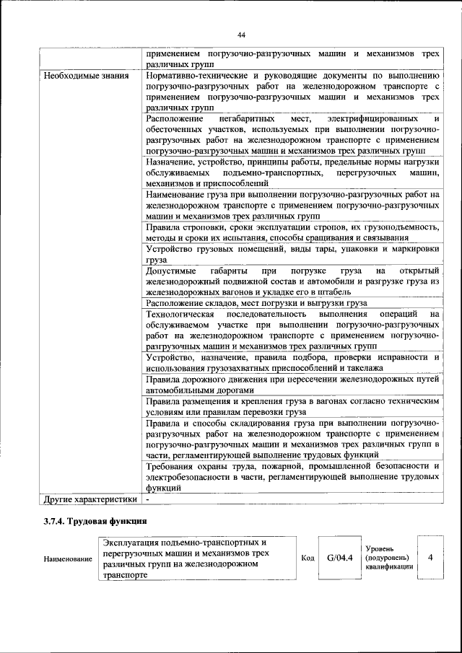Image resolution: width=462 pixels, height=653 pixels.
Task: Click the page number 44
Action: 242,34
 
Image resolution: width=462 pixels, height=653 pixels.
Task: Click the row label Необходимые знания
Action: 87,75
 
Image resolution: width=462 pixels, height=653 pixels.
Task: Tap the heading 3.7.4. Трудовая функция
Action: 95,520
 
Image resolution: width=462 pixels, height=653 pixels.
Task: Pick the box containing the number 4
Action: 431,557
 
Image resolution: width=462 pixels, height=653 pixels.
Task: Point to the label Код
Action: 306,558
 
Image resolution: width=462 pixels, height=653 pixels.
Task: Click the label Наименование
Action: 68,558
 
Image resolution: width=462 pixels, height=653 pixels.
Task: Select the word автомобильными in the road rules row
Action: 181,390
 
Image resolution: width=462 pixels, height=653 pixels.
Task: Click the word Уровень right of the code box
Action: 380,549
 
